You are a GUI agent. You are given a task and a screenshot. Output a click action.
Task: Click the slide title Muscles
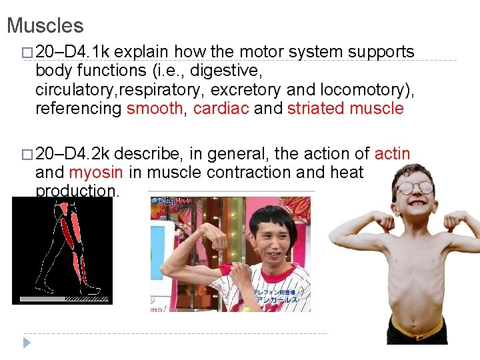[x=45, y=26]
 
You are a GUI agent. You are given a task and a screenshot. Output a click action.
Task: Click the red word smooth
[x=154, y=109]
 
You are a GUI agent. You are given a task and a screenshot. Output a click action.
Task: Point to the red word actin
[x=393, y=154]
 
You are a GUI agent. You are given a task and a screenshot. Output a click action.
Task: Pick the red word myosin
[x=96, y=173]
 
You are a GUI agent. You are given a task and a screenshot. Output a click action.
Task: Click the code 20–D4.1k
[x=73, y=52]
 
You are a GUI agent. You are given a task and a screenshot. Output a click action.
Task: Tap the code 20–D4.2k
[x=73, y=154]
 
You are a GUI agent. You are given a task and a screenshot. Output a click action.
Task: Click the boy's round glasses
[x=414, y=187]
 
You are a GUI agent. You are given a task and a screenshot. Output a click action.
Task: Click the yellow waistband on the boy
[x=417, y=329]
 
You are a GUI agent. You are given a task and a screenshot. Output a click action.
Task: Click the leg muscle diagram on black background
[x=62, y=250]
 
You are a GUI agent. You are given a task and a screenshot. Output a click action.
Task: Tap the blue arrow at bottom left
[x=27, y=343]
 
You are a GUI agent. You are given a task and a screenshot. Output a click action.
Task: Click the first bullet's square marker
[x=26, y=53]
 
